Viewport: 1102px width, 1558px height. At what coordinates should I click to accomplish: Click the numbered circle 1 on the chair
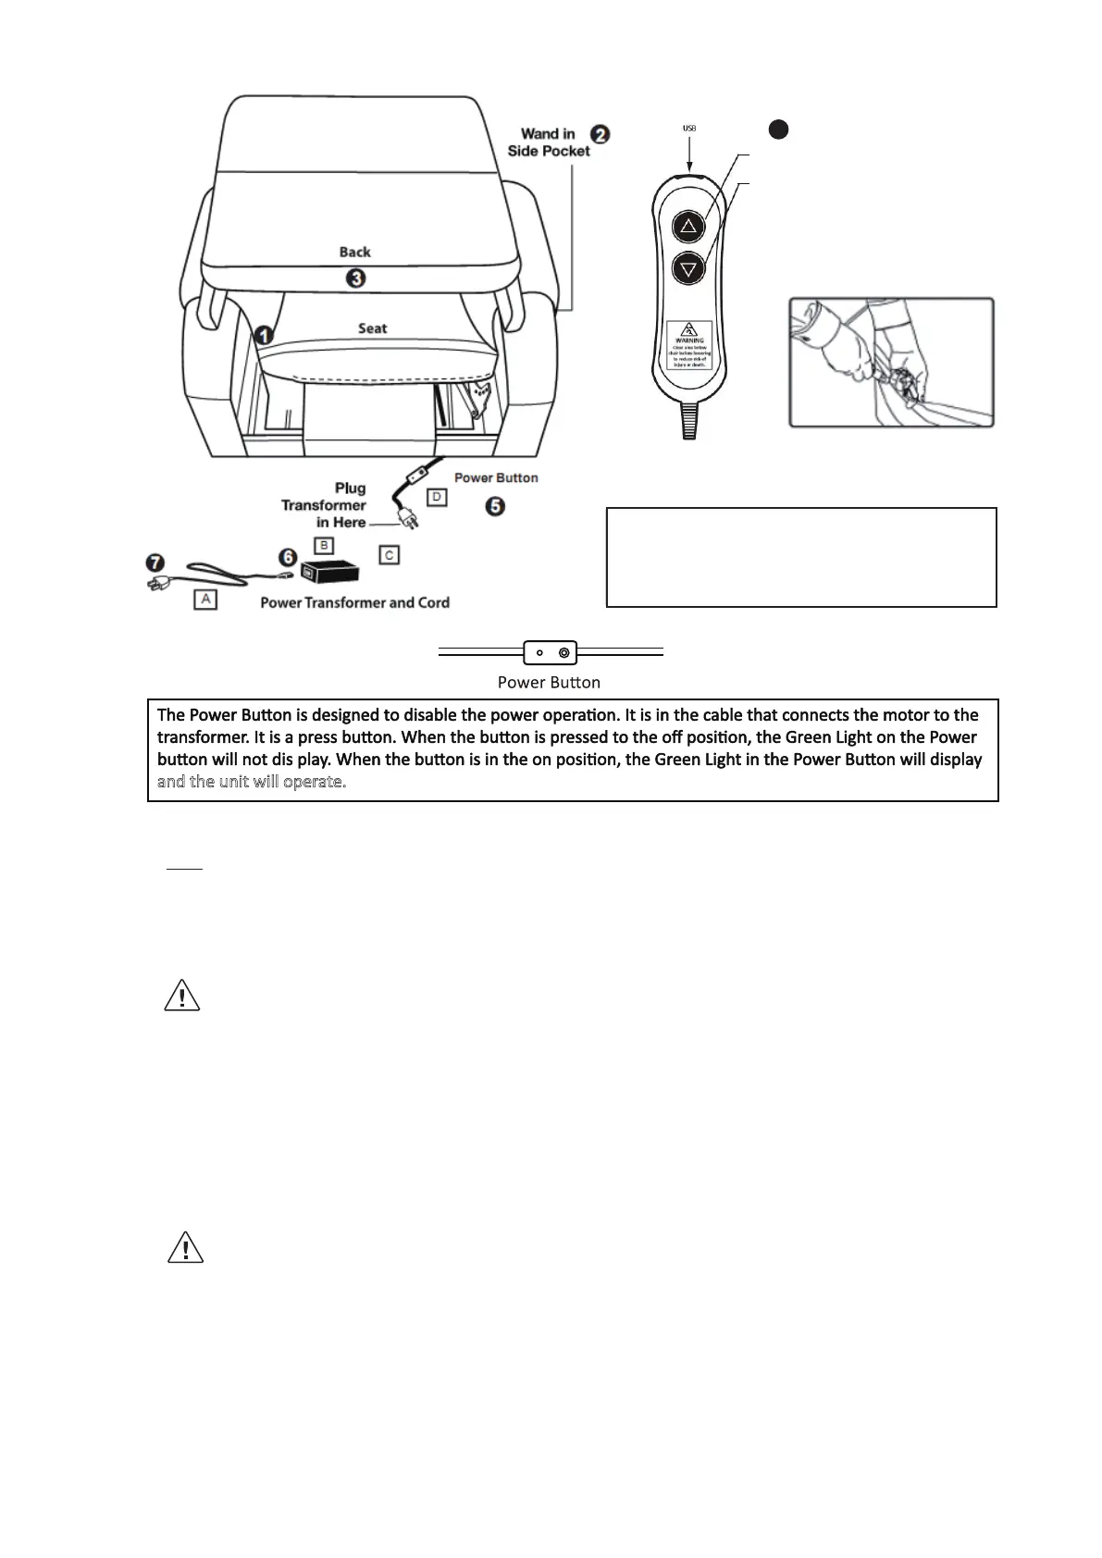[x=264, y=335]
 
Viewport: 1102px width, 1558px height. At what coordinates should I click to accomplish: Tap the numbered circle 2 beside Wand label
[x=601, y=134]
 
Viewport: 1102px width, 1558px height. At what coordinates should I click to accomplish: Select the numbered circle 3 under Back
[x=355, y=277]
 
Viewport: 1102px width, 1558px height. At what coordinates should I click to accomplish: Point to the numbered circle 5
[x=496, y=506]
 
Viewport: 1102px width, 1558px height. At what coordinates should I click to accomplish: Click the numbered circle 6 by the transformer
[x=289, y=557]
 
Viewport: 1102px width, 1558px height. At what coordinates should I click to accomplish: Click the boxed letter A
[x=204, y=600]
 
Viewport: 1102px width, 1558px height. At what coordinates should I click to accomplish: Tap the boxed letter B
[x=323, y=545]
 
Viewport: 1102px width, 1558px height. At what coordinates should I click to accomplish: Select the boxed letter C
[x=390, y=554]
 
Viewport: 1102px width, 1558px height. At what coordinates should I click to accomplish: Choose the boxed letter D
[x=436, y=498]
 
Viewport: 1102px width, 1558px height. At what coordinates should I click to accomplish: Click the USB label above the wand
[x=689, y=129]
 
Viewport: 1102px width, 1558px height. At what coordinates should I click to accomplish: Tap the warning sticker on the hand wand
[x=689, y=345]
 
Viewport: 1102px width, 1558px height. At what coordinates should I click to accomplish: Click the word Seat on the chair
[x=372, y=328]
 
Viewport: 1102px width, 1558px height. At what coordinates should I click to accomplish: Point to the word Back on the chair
[x=354, y=252]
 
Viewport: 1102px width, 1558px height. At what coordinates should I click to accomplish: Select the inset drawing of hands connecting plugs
[x=891, y=362]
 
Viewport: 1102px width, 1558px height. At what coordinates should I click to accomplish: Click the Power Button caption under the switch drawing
[x=549, y=683]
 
